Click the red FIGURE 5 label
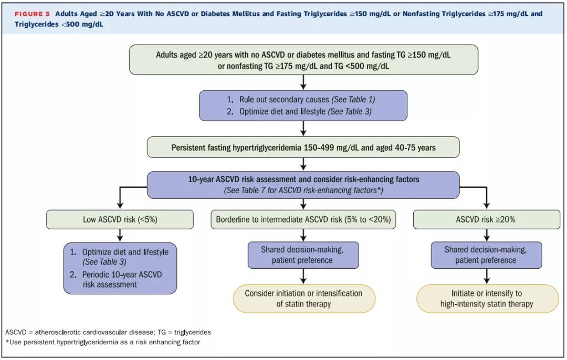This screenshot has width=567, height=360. tap(32, 14)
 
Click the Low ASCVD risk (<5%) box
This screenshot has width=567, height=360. tap(120, 219)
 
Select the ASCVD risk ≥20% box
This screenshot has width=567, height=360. tap(486, 219)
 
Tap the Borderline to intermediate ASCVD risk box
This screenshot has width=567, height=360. tap(303, 219)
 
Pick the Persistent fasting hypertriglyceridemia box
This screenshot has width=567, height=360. tap(303, 147)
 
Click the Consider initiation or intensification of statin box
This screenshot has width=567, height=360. tap(304, 299)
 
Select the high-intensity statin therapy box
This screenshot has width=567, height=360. tap(487, 299)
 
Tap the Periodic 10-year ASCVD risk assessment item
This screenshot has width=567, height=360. tap(115, 279)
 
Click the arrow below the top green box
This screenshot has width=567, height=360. tap(303, 82)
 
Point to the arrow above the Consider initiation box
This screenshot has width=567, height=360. tap(303, 276)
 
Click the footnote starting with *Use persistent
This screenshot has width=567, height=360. tap(103, 342)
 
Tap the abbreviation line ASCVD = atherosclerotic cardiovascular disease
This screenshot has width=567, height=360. tap(108, 332)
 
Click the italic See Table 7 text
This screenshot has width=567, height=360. tap(303, 190)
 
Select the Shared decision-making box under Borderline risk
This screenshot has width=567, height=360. tap(303, 255)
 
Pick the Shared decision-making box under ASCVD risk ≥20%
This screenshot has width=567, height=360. tap(486, 255)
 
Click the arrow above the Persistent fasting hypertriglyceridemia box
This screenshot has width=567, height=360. tap(303, 129)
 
